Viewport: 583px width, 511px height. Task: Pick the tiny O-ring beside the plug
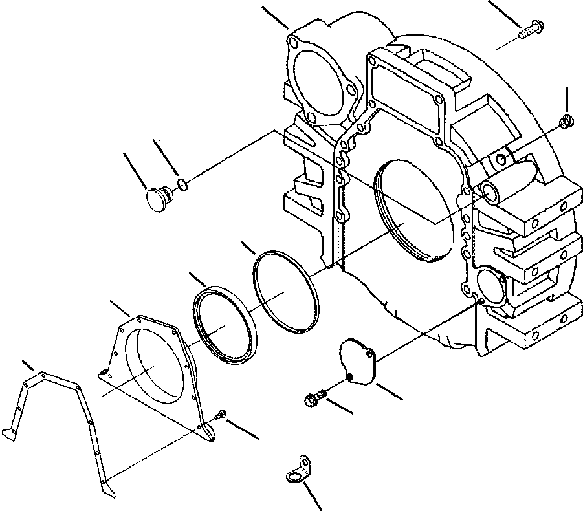click(183, 186)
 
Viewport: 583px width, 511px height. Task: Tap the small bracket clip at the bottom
click(296, 470)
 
